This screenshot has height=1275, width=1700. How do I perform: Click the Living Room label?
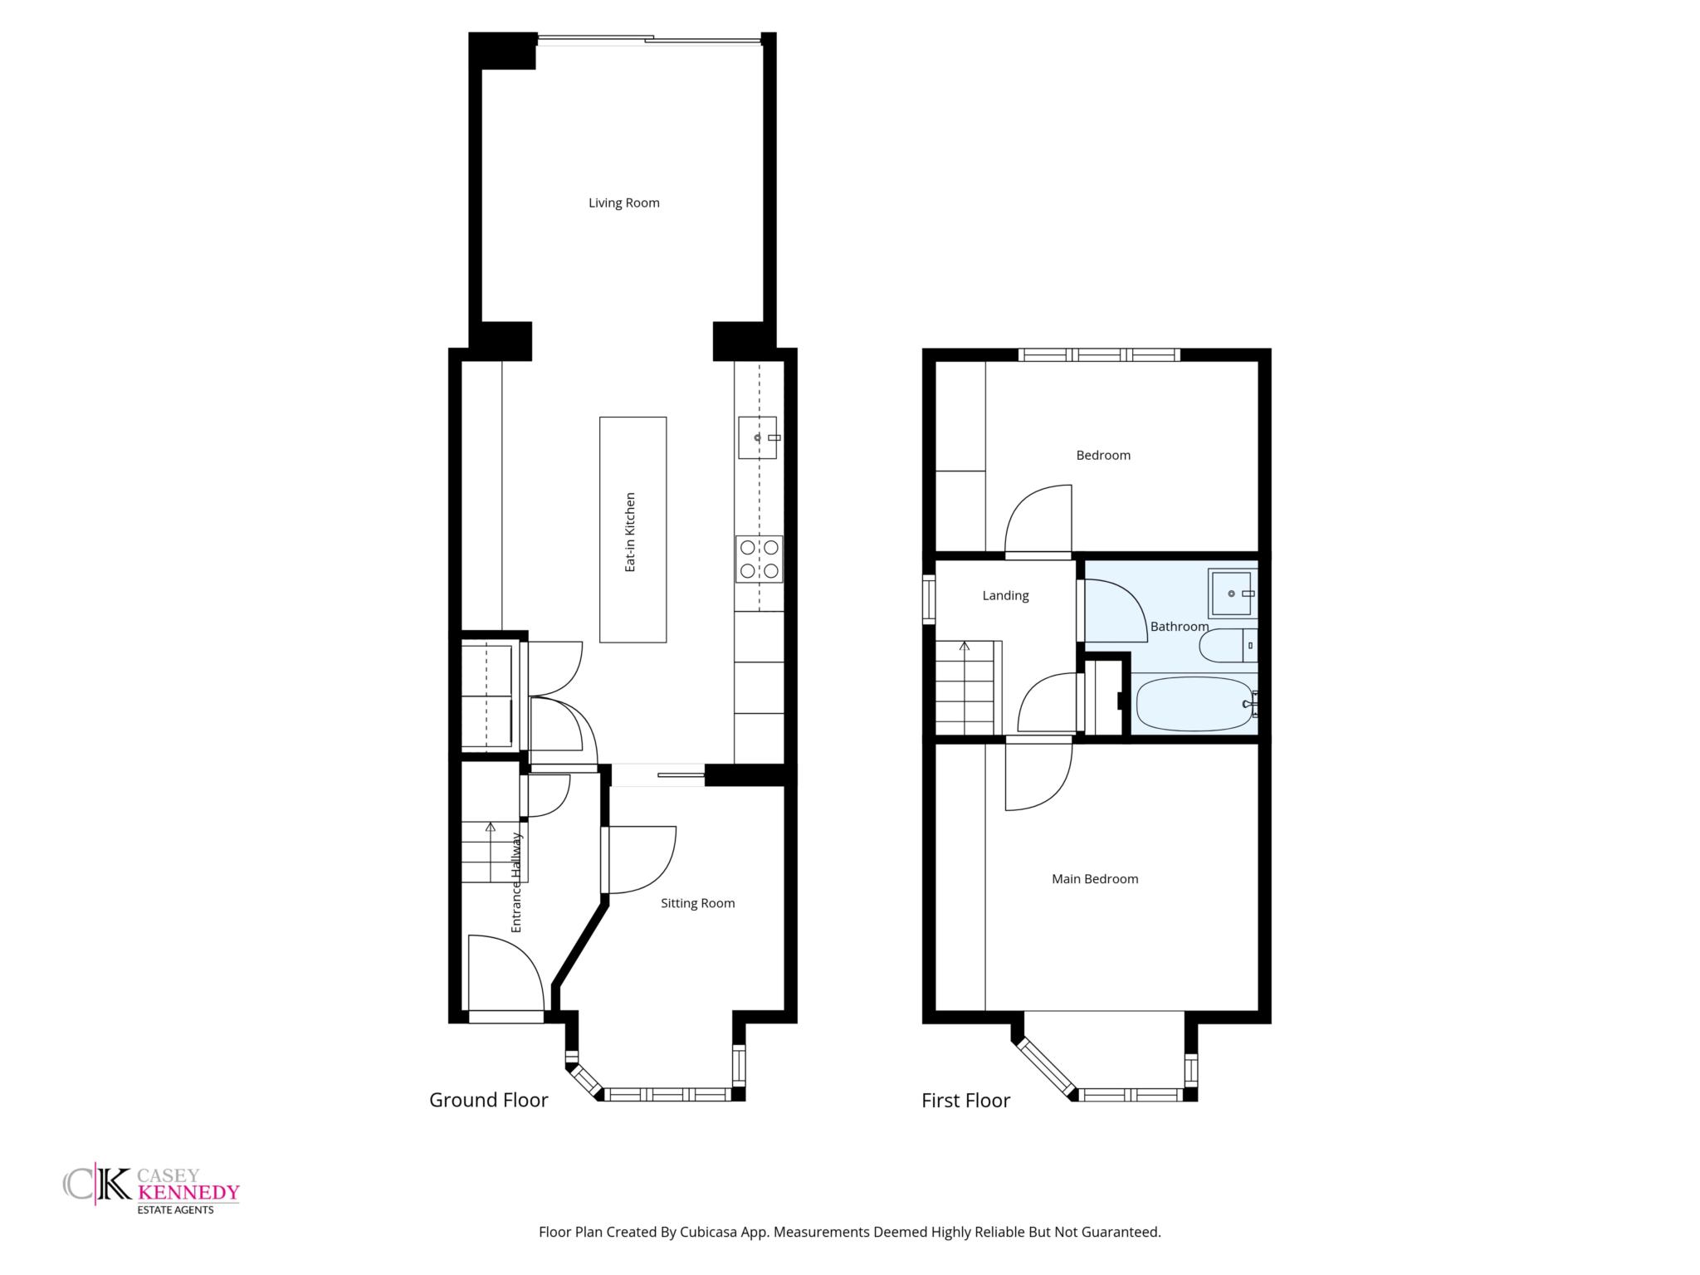(623, 203)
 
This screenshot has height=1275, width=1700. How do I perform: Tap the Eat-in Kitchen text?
(630, 532)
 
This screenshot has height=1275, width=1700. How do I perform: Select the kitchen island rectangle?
(633, 530)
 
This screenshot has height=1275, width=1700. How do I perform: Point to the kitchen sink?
(758, 437)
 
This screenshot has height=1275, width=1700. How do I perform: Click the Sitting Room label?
(697, 903)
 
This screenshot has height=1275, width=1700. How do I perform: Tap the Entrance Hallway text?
(516, 882)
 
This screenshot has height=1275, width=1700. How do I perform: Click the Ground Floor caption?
(489, 1100)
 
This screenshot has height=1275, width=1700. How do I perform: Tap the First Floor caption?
(965, 1101)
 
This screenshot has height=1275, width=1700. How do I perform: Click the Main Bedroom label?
(1095, 879)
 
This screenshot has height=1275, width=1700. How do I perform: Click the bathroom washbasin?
(1231, 594)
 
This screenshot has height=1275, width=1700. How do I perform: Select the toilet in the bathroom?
(1229, 645)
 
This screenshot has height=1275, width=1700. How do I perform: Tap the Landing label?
(1005, 595)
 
